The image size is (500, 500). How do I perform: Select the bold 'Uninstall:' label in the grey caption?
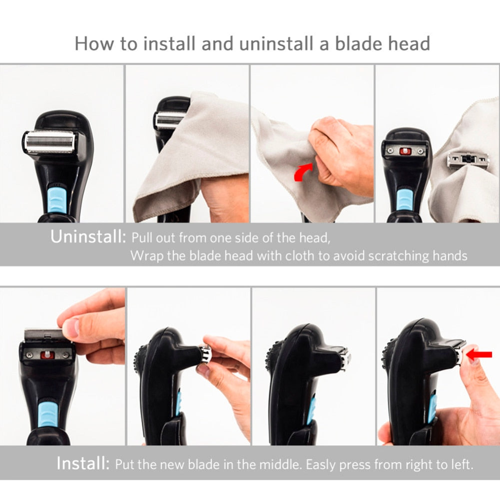(88, 237)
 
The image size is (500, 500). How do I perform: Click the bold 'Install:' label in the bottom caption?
(82, 464)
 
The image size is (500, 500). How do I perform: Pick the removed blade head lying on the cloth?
(468, 160)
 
